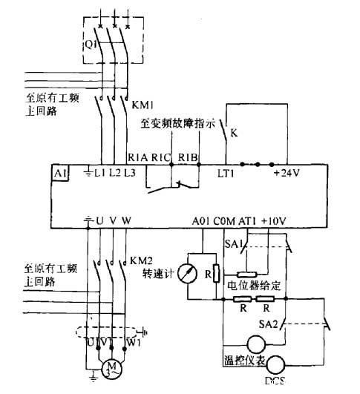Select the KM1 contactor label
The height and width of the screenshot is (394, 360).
(x=142, y=106)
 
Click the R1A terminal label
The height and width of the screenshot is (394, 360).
(x=138, y=157)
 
